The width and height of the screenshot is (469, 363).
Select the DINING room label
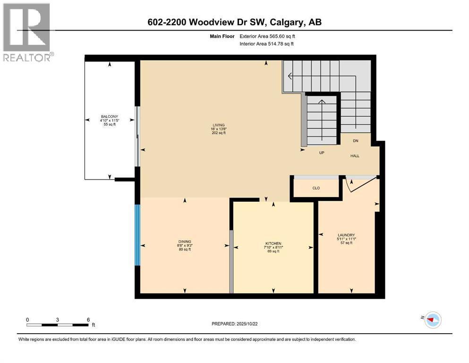(x=184, y=242)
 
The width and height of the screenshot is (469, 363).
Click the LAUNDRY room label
(x=346, y=235)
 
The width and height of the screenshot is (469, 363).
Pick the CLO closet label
(x=316, y=188)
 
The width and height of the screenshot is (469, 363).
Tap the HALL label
(x=355, y=156)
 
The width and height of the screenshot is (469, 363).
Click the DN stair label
(x=357, y=141)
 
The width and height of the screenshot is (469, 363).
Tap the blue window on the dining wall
(x=138, y=235)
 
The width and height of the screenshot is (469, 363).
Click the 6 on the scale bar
(x=88, y=320)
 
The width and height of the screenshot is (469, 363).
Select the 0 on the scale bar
(x=27, y=320)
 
